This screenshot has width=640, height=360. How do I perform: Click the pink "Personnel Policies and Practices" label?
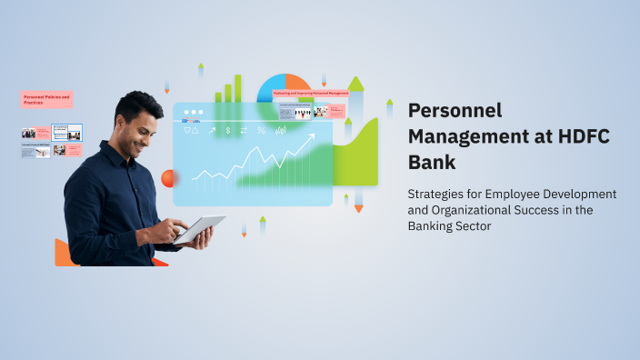[x=46, y=99]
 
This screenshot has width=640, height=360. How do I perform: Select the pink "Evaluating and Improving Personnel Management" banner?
[x=311, y=93]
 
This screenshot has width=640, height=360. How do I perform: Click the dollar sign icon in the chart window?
[x=227, y=131]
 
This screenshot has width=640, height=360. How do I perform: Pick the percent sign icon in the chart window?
[x=262, y=131]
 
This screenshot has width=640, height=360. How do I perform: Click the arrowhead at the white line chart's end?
[x=313, y=139]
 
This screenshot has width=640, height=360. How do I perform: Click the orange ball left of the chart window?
[x=167, y=177]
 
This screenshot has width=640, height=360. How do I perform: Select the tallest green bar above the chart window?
[x=238, y=88]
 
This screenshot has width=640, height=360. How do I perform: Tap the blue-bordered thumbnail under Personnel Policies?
[x=66, y=133]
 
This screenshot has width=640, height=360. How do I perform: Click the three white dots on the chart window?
[x=192, y=113]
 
